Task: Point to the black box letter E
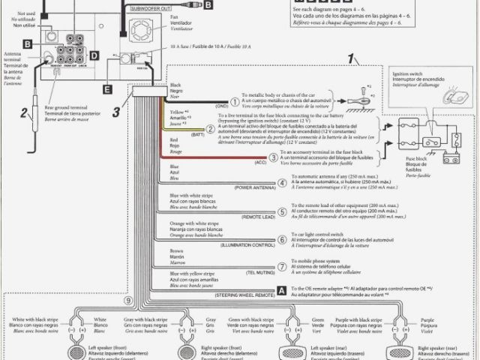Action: tap(108, 88)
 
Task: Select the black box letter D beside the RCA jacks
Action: tap(94, 55)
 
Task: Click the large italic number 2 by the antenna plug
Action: tap(24, 114)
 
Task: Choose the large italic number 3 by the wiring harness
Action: tap(116, 113)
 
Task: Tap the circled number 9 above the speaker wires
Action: tap(128, 301)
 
